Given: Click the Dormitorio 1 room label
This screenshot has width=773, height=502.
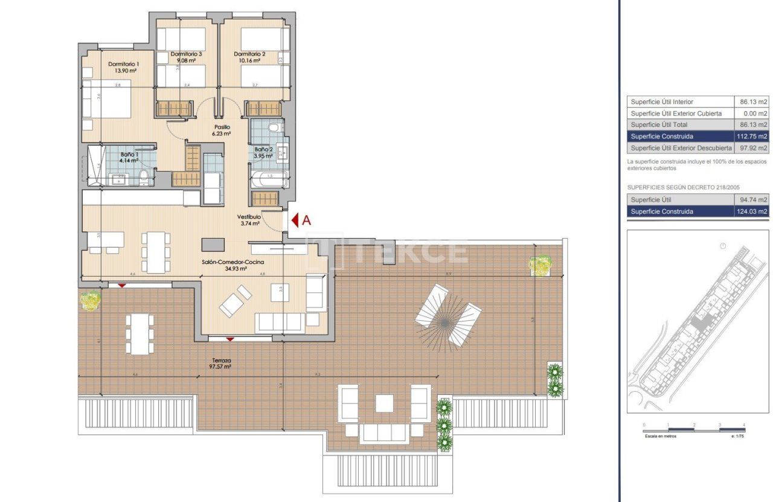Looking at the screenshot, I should coord(124,64).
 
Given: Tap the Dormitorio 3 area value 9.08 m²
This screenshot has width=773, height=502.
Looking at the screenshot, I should coord(186,60).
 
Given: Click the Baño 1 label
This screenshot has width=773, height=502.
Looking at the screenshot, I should coord(129,155).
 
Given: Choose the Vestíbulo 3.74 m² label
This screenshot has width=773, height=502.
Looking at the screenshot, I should coord(248,219).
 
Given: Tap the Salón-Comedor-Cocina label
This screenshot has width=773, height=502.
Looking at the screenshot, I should coord(233,263).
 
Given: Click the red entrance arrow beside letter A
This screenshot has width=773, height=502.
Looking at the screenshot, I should coord(295,220).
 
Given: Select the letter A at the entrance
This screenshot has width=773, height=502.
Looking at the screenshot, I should coord(306,220).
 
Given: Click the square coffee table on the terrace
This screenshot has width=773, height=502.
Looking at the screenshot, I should coord(385,403).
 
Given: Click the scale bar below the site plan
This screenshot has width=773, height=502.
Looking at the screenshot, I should coord(694,428).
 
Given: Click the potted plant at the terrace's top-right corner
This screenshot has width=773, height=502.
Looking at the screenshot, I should coord(540,265).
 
